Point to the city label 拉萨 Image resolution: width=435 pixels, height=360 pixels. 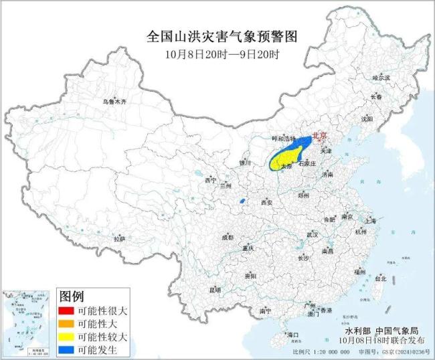(x=119, y=238)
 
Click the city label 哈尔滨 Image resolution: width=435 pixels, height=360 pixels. (x=380, y=78)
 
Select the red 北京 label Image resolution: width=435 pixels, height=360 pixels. (x=321, y=134)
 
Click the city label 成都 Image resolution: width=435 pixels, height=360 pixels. (x=228, y=237)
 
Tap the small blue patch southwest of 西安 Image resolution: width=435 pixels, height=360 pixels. (x=241, y=201)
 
